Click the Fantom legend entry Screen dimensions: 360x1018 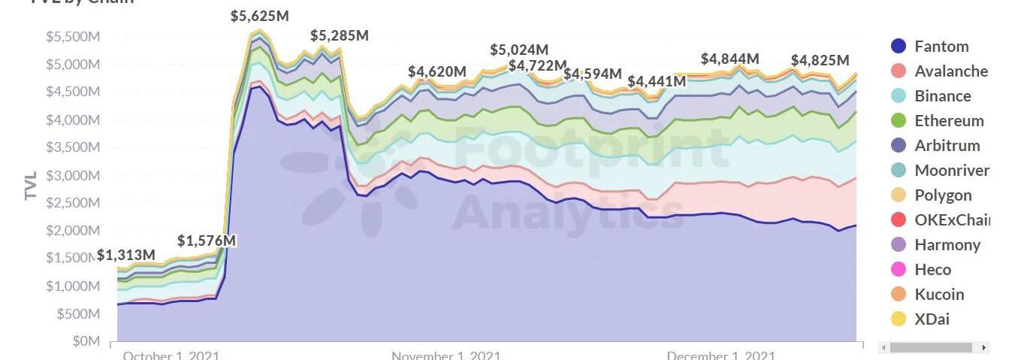941,47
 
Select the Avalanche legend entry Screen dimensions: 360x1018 950,71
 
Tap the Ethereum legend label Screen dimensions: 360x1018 949,121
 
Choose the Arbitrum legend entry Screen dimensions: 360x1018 947,146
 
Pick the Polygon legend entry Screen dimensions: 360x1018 943,195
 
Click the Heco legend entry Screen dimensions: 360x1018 932,270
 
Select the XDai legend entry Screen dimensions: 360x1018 932,319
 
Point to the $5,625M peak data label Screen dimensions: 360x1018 260,16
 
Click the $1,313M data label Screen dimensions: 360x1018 126,256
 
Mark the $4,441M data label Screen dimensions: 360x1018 657,81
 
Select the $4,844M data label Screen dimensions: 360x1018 730,59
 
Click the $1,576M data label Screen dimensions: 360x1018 207,241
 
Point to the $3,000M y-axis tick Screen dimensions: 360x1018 73,176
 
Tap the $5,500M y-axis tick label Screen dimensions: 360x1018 73,37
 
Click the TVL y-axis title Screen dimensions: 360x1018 31,184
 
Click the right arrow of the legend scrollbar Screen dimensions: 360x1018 983,348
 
